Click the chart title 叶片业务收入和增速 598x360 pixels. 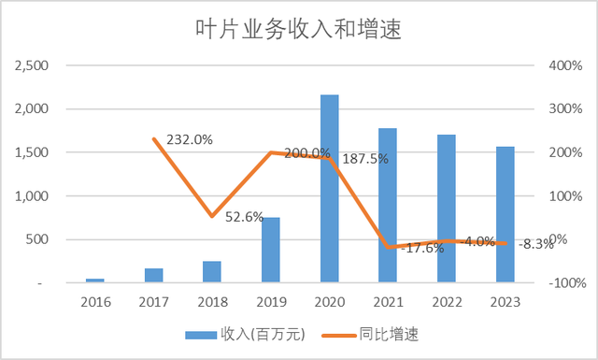[298, 29]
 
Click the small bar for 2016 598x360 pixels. [95, 280]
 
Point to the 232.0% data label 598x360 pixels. [190, 139]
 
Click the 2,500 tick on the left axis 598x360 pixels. [35, 65]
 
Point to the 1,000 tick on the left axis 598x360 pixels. [35, 196]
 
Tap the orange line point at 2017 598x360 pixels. [154, 139]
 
